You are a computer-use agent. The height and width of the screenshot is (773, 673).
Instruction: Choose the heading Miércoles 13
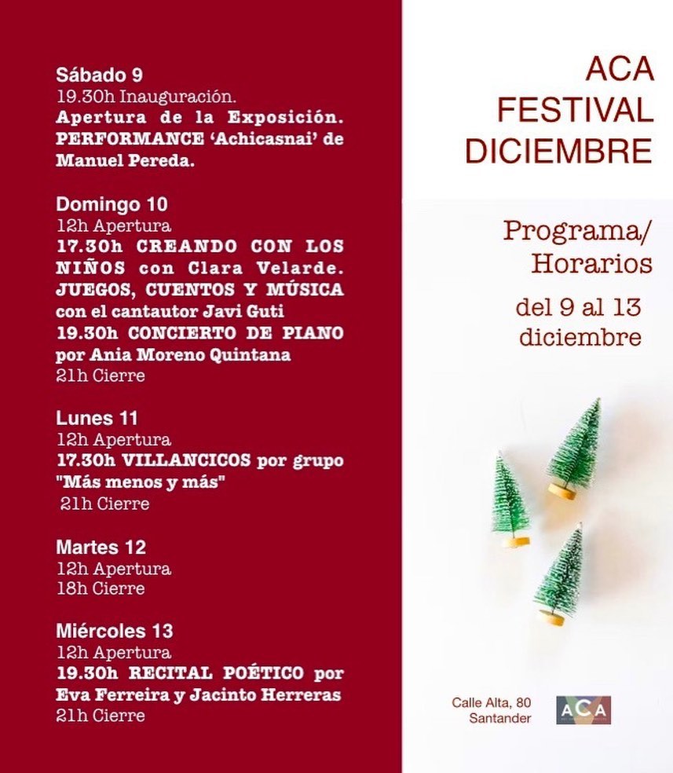[114, 631]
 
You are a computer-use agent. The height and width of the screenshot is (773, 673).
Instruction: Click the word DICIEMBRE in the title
[559, 151]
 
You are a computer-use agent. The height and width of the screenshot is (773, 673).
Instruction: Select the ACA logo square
[583, 710]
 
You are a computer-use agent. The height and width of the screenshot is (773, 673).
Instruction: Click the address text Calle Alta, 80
[492, 702]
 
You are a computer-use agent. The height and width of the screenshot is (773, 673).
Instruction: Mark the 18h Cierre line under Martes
[101, 588]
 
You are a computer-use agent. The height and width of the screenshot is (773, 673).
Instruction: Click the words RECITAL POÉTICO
[216, 674]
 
